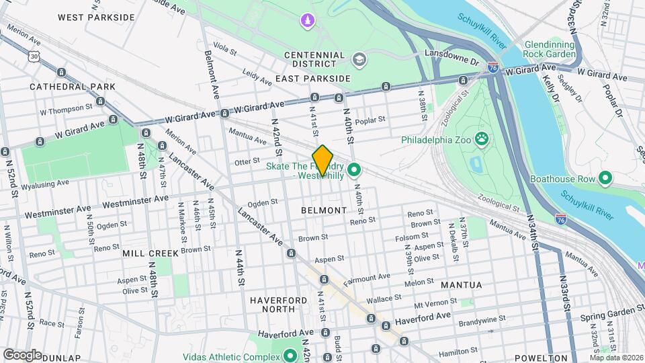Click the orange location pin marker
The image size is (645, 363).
click(323, 161)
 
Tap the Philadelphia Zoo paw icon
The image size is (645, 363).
click(482, 140)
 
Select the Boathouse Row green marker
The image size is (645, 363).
click(605, 178)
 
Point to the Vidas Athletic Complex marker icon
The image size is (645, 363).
click(291, 355)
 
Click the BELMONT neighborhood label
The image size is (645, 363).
click(324, 210)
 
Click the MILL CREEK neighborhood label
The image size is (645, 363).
click(150, 253)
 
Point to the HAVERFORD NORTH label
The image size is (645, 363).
click(273, 305)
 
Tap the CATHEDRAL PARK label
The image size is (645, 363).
click(73, 87)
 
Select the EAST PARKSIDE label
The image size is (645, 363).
click(313, 79)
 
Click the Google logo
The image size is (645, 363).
click(23, 354)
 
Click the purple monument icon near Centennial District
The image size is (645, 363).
click(308, 22)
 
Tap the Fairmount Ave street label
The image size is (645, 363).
click(367, 277)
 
